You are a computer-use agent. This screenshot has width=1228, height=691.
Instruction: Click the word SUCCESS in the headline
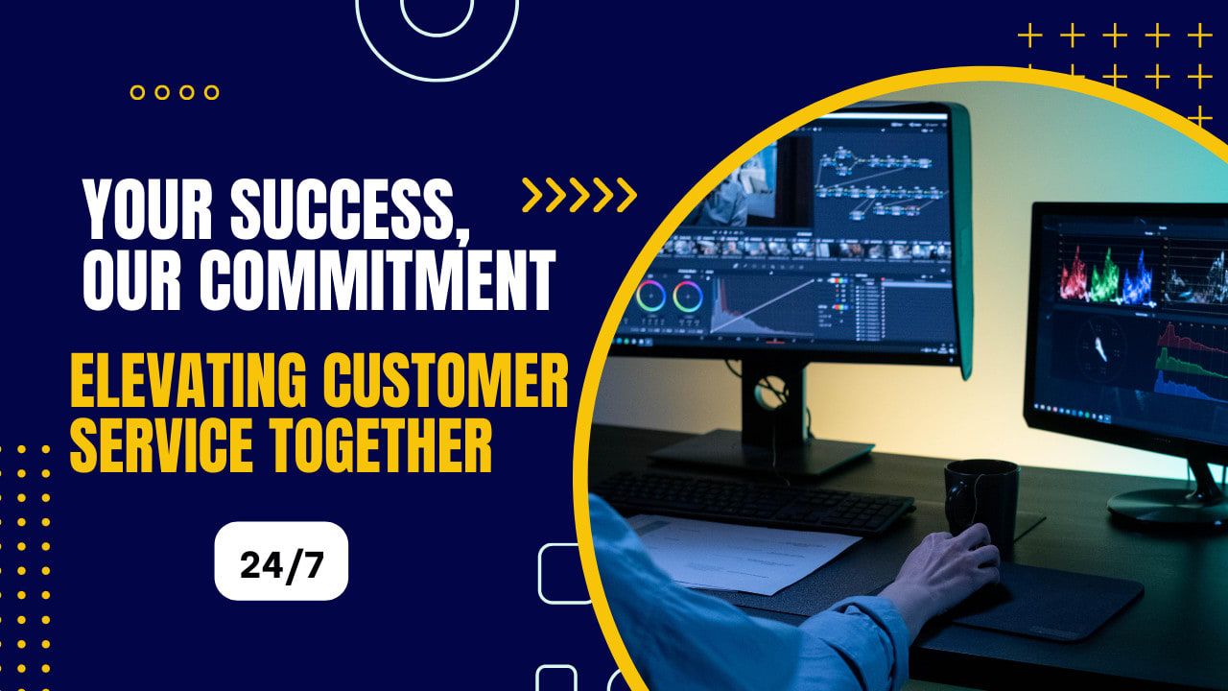350,209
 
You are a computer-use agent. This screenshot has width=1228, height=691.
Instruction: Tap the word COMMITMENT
378,279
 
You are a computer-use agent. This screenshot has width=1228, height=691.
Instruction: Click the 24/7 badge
281,561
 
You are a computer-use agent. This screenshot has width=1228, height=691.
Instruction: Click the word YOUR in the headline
148,209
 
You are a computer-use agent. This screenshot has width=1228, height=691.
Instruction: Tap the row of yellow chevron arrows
579,195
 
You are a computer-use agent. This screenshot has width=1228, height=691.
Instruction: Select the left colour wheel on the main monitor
650,297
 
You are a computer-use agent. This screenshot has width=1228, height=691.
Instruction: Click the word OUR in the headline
131,279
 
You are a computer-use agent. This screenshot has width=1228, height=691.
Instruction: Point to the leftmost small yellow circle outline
137,92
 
